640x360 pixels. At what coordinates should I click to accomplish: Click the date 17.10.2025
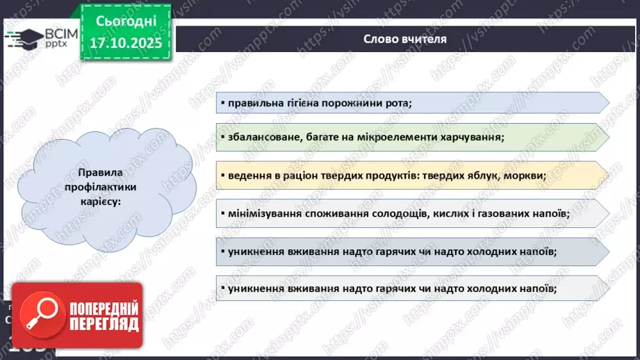125,43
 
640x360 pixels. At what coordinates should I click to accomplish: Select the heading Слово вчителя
405,39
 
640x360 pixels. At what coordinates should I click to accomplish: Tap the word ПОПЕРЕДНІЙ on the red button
103,309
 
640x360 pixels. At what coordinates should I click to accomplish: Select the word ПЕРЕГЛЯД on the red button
103,324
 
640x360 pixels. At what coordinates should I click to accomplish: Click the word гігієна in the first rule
306,104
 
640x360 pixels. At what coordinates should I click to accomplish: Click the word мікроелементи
396,138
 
